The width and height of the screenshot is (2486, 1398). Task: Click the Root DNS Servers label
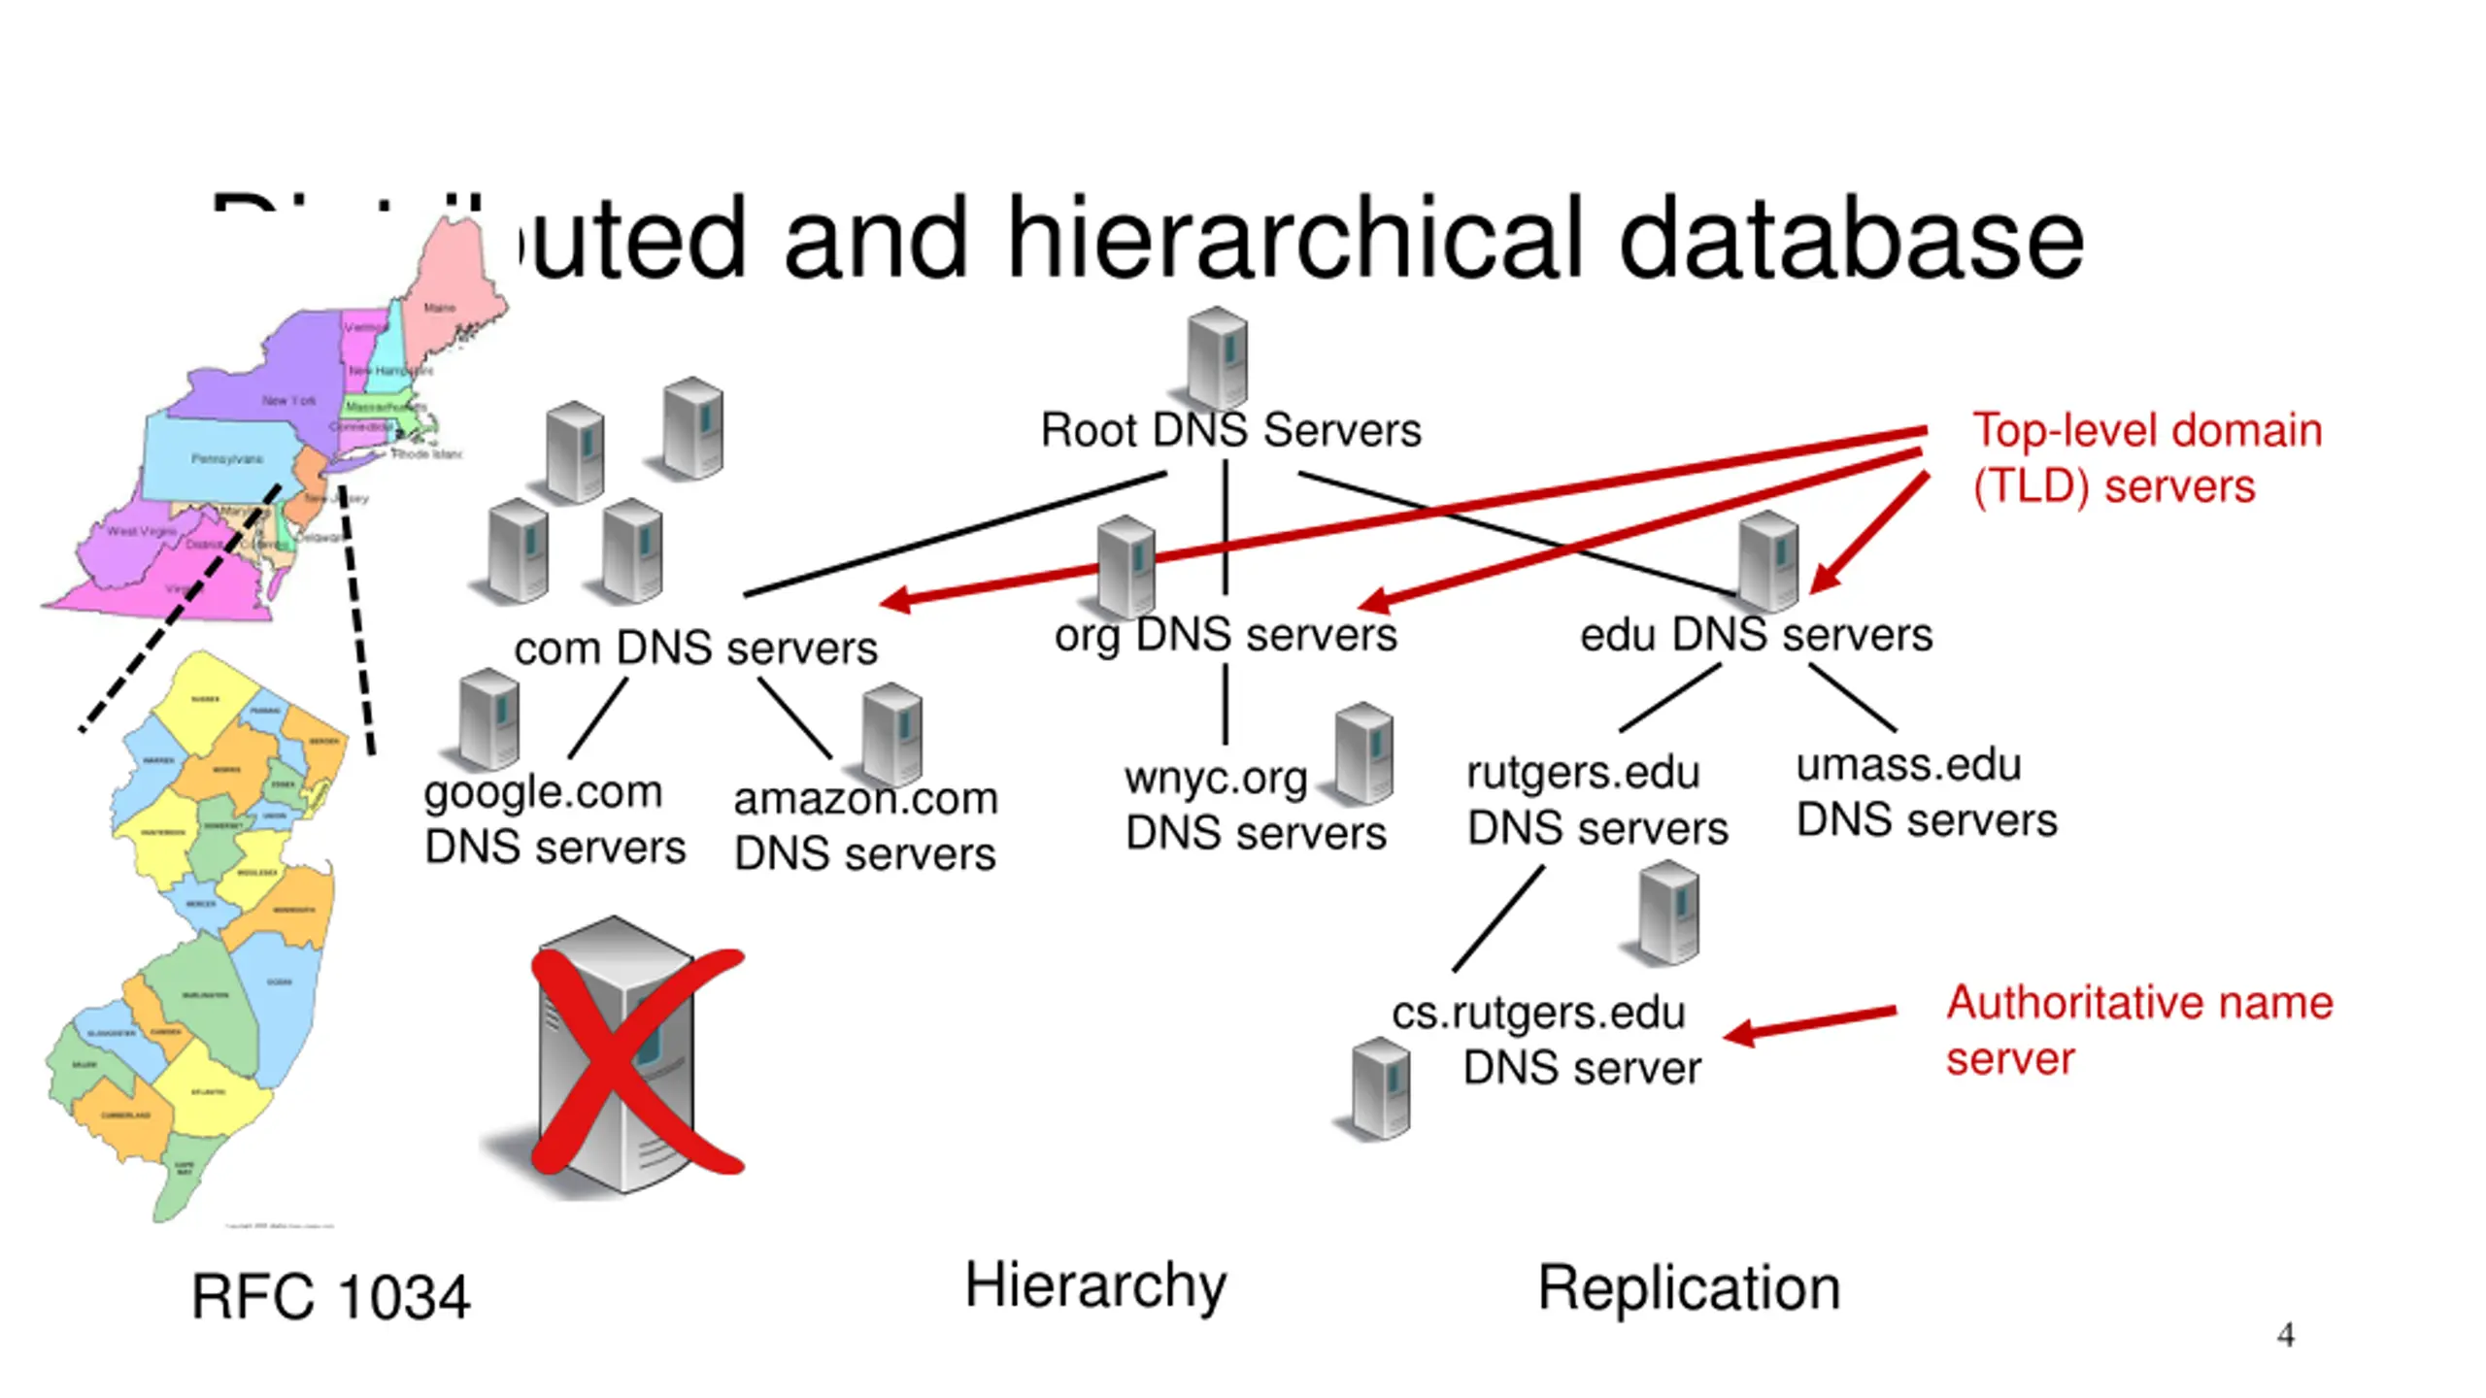point(1230,430)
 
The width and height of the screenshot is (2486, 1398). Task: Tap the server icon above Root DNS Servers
point(1217,357)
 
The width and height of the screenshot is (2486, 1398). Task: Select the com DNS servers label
point(695,648)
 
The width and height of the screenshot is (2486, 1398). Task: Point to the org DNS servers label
point(1226,635)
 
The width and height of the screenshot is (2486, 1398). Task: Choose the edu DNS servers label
point(1756,635)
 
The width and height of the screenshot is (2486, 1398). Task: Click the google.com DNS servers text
point(554,819)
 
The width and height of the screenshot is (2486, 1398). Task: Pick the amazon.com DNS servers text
point(865,826)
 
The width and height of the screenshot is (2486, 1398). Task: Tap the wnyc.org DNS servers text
point(1255,806)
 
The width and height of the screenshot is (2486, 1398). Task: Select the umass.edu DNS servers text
point(1927,792)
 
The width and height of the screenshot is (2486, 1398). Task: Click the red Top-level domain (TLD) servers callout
point(2146,458)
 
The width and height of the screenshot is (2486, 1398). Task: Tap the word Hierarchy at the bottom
point(1095,1286)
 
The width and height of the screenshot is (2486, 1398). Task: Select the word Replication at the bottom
point(1689,1288)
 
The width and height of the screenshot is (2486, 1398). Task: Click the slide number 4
point(2286,1335)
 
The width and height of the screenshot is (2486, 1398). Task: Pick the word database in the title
point(1851,238)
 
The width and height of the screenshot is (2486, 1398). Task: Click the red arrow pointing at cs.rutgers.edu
point(1811,1023)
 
